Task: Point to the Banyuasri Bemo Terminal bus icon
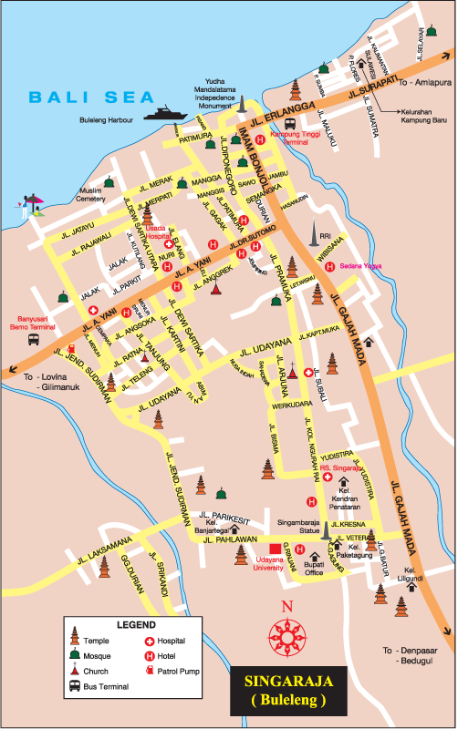click(x=34, y=339)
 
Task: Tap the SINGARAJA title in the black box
click(x=282, y=680)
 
